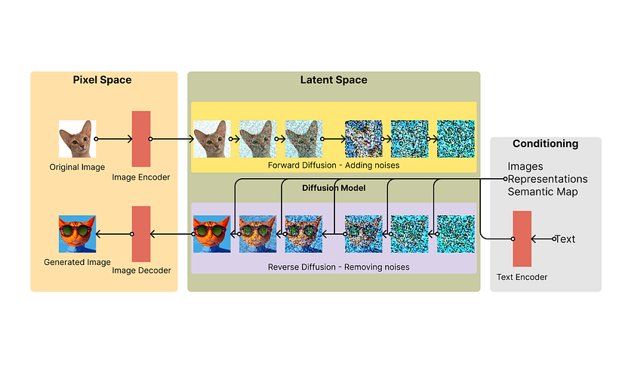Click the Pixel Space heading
[x=103, y=80]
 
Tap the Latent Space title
[x=334, y=80]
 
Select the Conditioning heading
[x=545, y=143]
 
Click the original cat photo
[x=78, y=140]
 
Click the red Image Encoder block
[x=141, y=139]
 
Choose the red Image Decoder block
[x=141, y=234]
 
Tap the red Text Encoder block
[x=522, y=239]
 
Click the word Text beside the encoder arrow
[x=565, y=239]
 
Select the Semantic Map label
[x=543, y=192]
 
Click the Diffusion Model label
[x=334, y=188]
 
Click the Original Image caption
[x=78, y=167]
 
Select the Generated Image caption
[x=77, y=263]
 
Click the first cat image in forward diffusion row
[x=212, y=140]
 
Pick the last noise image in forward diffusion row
[x=455, y=140]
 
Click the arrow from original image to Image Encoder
[x=115, y=139]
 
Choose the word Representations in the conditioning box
[x=547, y=179]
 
